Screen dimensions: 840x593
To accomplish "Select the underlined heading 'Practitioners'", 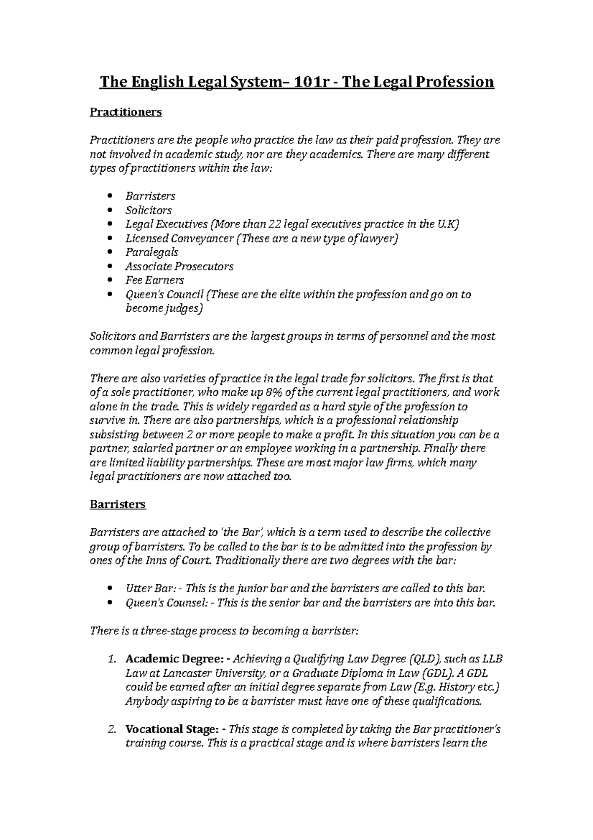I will (126, 112).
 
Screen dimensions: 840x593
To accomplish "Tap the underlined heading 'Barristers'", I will (118, 505).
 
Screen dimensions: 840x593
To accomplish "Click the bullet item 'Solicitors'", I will (148, 210).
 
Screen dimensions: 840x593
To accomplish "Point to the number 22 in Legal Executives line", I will (274, 224).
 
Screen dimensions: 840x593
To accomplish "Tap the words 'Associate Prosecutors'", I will (179, 266).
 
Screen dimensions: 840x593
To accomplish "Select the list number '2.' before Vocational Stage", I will (112, 729).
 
